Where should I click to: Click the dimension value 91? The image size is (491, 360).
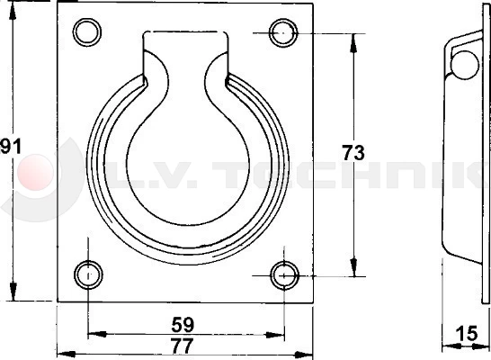10,147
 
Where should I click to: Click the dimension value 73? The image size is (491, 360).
353,153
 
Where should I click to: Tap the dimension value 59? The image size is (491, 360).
183,325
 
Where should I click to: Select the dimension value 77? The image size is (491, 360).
183,346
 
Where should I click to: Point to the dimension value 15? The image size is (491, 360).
467,333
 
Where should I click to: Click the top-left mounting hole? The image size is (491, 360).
87,32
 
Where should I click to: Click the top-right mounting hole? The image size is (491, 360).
283,33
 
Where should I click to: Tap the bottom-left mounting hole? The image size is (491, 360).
88,275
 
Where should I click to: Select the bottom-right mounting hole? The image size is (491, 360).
284,275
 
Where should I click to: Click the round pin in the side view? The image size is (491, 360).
465,65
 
